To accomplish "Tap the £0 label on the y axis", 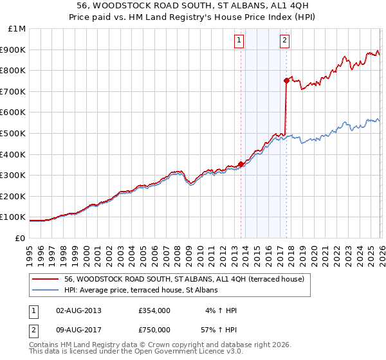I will (20, 238).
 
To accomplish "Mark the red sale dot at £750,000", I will (286, 80).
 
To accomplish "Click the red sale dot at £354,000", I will (241, 164).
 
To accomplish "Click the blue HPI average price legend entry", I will (141, 290).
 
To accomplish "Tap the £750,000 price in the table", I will (154, 330).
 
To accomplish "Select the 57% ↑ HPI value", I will (219, 330).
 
